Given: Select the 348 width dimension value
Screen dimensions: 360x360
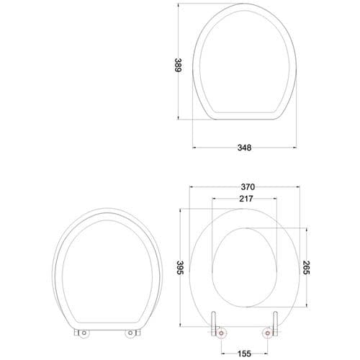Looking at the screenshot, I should tap(244, 148).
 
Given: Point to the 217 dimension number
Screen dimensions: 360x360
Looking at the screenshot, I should tap(245, 199).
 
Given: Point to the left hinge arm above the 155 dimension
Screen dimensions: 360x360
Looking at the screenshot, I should tap(216, 324).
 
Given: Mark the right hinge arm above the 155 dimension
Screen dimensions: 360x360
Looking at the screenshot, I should tap(275, 324).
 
